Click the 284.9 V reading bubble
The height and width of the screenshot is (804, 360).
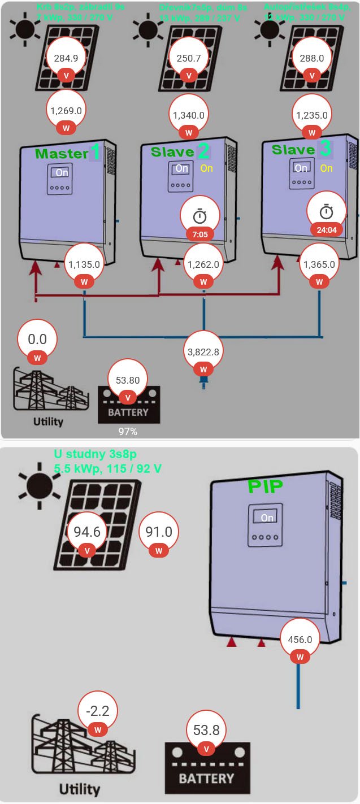(66, 58)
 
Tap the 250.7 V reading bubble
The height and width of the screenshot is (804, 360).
(189, 58)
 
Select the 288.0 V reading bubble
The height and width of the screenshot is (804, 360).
(311, 58)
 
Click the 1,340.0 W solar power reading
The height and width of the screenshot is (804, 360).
(189, 115)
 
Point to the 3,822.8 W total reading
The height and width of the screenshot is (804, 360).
(203, 351)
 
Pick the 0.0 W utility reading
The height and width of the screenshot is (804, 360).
(37, 340)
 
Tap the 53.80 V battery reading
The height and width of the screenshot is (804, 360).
(128, 381)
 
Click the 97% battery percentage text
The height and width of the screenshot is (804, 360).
(128, 432)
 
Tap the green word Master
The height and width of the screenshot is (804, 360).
(62, 153)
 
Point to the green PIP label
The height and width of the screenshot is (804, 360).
(265, 486)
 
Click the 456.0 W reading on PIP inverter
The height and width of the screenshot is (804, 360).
(300, 640)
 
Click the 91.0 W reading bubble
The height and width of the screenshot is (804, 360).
(159, 532)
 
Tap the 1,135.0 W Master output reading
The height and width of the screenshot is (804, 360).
(84, 264)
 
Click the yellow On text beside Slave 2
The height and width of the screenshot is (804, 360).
(206, 168)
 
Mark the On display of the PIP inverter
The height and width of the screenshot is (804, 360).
(267, 518)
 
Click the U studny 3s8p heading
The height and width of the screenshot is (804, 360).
(95, 454)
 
